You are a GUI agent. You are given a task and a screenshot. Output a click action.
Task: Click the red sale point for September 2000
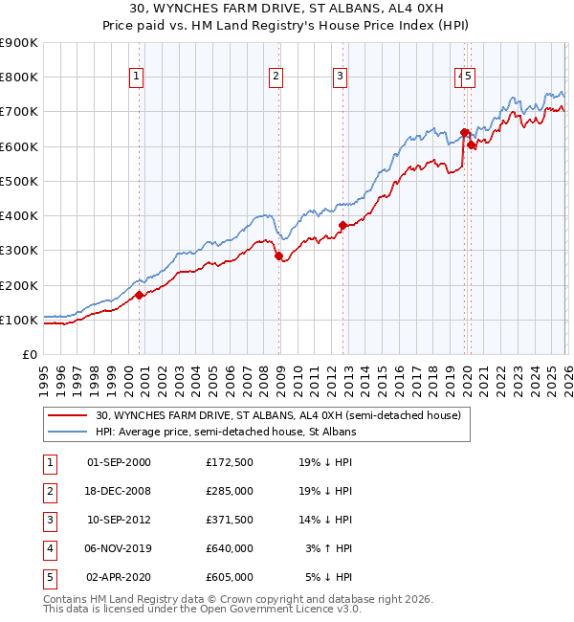[x=140, y=295]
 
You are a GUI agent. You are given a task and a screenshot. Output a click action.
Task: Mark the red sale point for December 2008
[x=278, y=255]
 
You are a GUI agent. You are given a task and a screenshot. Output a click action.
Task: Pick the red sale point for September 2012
[x=342, y=226]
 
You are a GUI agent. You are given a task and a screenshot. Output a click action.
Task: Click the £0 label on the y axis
[x=30, y=354]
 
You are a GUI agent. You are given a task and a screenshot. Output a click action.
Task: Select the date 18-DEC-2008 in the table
[x=119, y=491]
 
